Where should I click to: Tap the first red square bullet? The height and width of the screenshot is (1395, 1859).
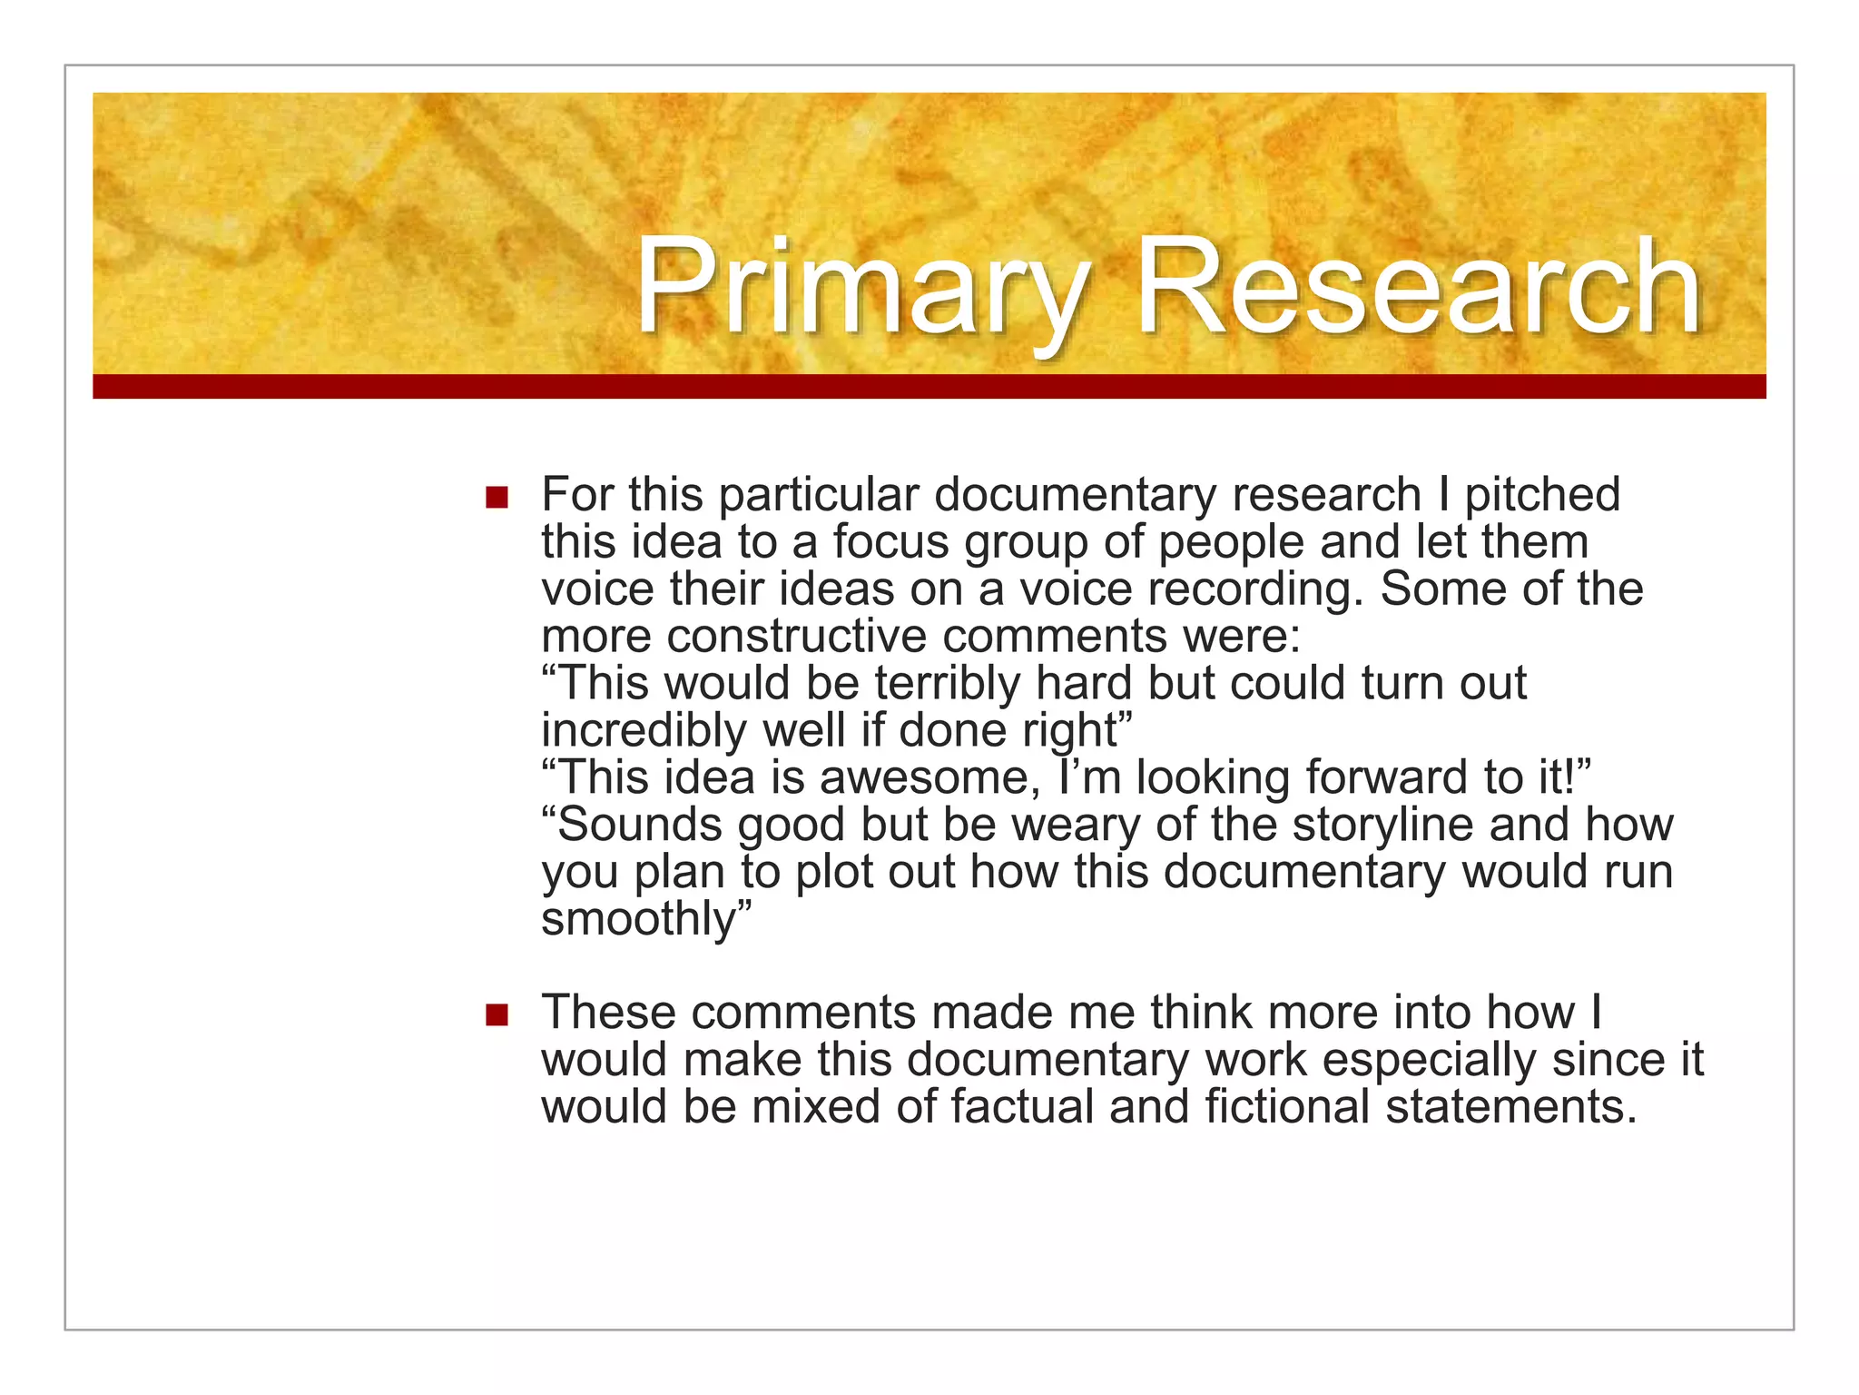coord(497,498)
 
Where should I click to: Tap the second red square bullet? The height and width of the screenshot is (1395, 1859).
coord(497,1014)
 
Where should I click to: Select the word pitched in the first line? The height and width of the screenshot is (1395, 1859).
coord(1542,496)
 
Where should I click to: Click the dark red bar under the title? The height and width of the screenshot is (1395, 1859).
coord(929,387)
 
